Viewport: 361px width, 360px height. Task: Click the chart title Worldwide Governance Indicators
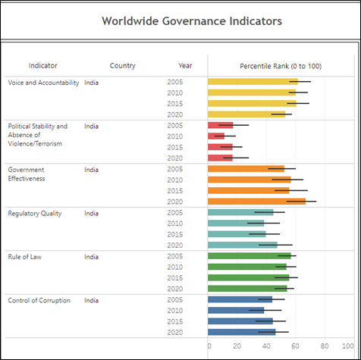[x=192, y=21]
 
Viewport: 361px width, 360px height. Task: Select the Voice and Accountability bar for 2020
[x=246, y=114]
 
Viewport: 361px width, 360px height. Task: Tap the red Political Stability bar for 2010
[x=216, y=136]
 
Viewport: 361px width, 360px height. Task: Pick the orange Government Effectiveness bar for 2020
[x=256, y=202]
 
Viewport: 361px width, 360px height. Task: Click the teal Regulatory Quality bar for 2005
[x=240, y=212]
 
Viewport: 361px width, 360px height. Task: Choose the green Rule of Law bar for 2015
[x=249, y=277]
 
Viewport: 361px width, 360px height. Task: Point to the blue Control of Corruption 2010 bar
[x=236, y=310]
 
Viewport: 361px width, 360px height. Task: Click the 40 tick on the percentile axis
[x=266, y=346]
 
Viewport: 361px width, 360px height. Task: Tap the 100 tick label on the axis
[x=348, y=346]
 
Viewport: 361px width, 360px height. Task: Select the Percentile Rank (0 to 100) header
[x=281, y=66]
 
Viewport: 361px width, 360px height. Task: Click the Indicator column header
[x=42, y=66]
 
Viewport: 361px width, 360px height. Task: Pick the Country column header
[x=123, y=66]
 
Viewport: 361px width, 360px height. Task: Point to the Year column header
[x=185, y=66]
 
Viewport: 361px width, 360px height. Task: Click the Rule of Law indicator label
[x=24, y=257]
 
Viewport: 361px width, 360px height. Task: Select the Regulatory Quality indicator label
[x=35, y=214]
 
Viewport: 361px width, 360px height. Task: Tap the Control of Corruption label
[x=39, y=301]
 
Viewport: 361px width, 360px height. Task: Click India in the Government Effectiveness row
[x=91, y=170]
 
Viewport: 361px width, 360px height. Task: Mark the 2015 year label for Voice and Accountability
[x=174, y=104]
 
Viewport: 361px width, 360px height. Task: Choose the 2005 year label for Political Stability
[x=174, y=126]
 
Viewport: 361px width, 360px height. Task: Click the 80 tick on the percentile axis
[x=325, y=346]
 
